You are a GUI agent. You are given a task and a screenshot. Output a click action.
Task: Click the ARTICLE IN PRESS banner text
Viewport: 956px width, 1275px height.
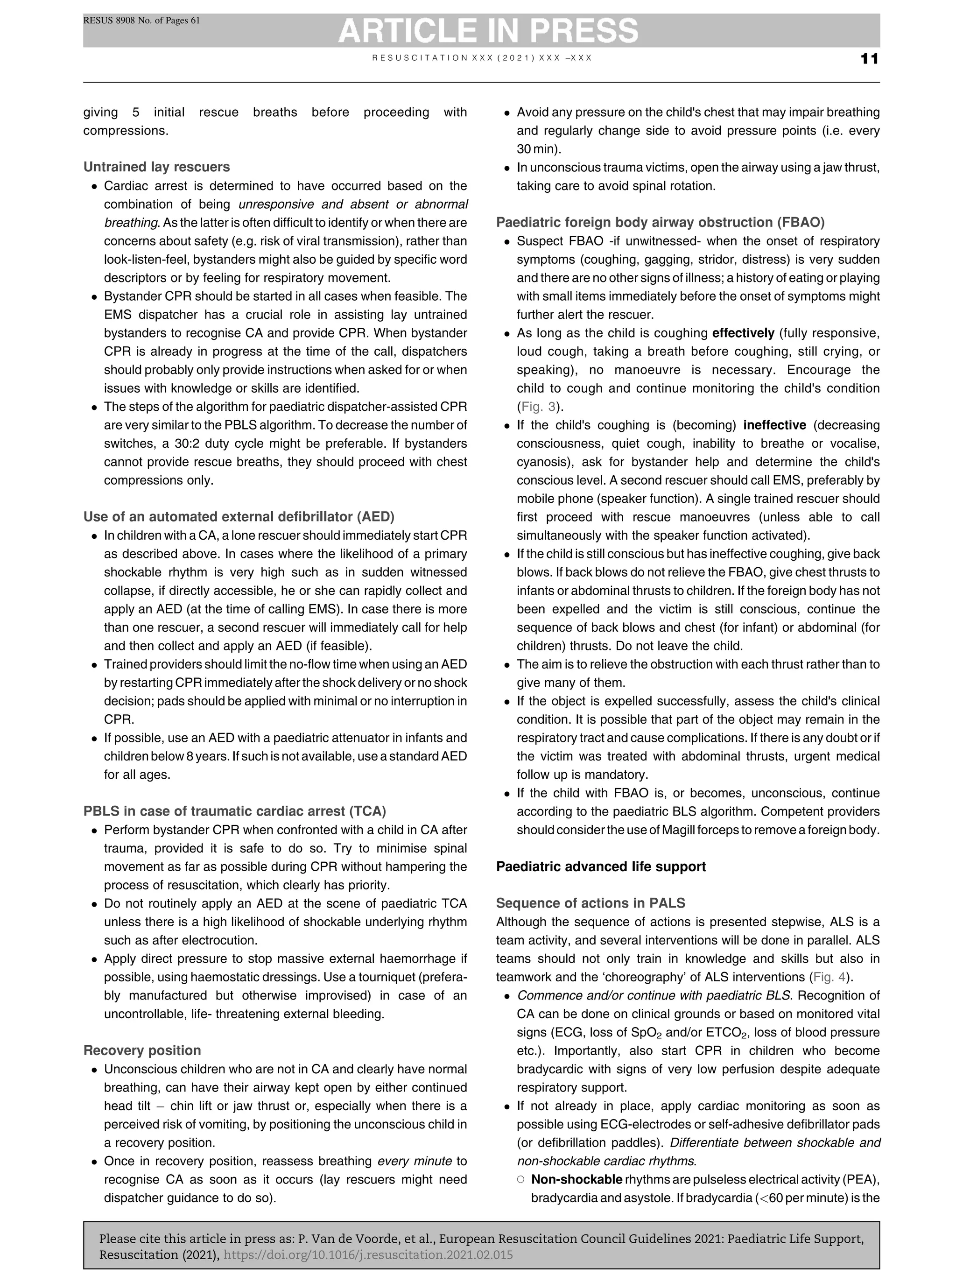click(x=488, y=30)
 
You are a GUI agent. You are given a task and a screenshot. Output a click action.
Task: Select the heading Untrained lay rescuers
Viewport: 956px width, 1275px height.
click(x=156, y=167)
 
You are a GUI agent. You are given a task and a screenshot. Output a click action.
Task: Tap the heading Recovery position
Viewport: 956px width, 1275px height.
click(x=142, y=1050)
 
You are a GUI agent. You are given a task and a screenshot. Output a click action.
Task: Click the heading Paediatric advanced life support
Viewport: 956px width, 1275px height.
click(x=600, y=866)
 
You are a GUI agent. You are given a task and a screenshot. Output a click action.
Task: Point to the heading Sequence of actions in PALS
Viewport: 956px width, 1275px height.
click(x=590, y=903)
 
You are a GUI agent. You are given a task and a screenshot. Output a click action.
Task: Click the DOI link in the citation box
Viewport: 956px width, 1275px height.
click(x=368, y=1255)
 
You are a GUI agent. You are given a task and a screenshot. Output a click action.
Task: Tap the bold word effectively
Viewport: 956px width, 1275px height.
click(x=743, y=333)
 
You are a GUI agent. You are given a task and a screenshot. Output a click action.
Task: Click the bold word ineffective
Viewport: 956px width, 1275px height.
click(x=774, y=425)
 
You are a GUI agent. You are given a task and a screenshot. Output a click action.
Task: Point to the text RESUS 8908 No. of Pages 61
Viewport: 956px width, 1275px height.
click(x=141, y=21)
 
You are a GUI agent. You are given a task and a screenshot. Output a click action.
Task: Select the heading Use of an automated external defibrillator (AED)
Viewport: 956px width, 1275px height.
click(x=239, y=516)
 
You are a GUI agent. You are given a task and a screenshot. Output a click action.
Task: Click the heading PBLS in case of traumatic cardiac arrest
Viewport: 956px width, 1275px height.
click(x=234, y=811)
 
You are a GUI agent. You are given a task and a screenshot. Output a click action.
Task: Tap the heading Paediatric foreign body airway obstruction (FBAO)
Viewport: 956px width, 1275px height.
click(x=660, y=223)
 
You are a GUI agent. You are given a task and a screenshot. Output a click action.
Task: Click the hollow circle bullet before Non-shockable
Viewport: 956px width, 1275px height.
click(x=520, y=1179)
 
